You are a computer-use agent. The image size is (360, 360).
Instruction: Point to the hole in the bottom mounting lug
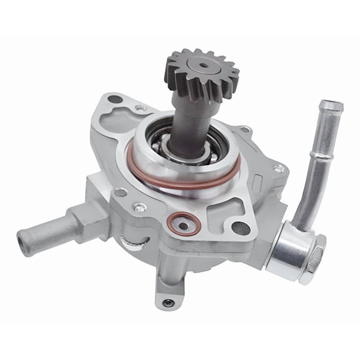click(166, 303)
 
